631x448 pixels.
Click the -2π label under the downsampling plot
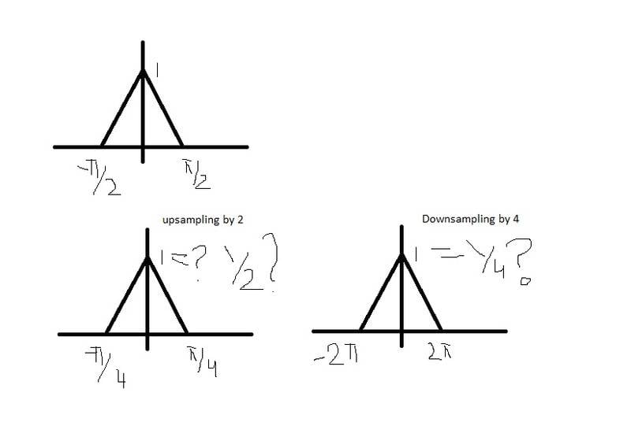point(337,358)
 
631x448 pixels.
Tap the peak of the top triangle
point(143,71)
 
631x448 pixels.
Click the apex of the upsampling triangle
point(147,258)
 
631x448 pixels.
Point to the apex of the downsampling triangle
point(401,254)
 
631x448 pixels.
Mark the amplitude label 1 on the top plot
point(158,72)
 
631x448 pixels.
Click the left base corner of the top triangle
point(102,146)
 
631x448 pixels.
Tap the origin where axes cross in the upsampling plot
point(147,334)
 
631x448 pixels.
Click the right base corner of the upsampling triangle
point(188,334)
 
